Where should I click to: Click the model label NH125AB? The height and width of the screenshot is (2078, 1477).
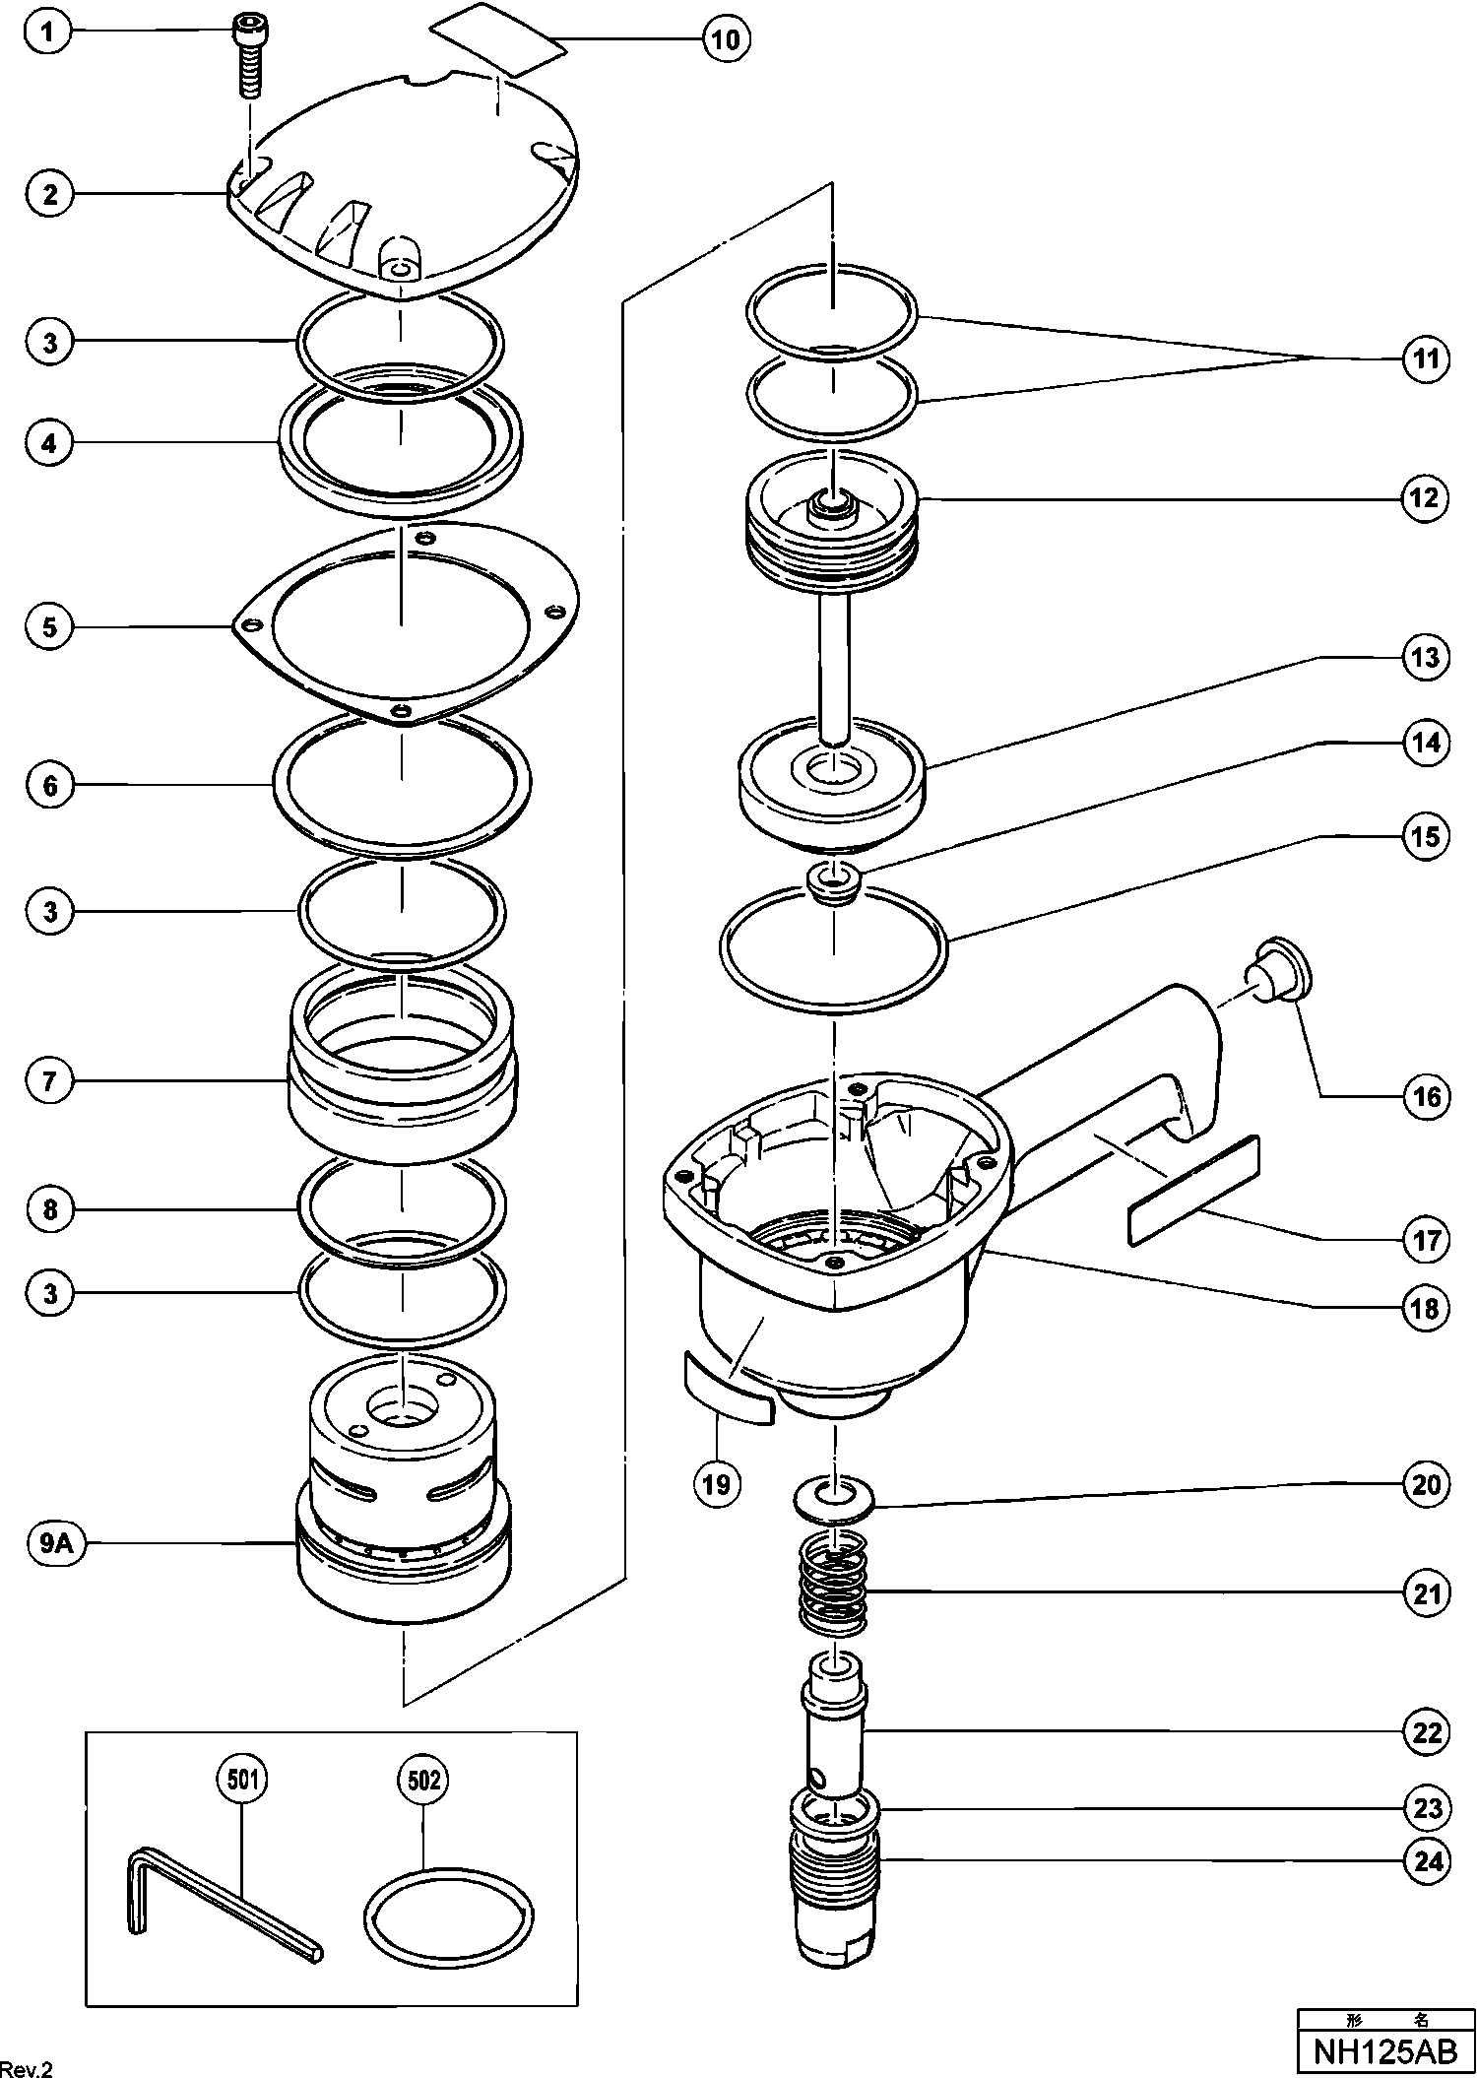pyautogui.click(x=1385, y=2051)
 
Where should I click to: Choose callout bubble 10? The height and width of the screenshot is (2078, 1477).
pyautogui.click(x=726, y=39)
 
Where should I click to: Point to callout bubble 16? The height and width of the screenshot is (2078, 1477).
pyautogui.click(x=1427, y=1096)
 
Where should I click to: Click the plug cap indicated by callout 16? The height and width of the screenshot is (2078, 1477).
pyautogui.click(x=1277, y=970)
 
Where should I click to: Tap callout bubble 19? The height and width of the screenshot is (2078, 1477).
pyautogui.click(x=716, y=1483)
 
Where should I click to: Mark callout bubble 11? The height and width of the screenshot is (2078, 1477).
pyautogui.click(x=1427, y=359)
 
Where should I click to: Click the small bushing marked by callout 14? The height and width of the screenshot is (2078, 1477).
pyautogui.click(x=834, y=880)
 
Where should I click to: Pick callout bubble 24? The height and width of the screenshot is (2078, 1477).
pyautogui.click(x=1427, y=1861)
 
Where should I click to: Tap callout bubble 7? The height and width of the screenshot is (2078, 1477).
pyautogui.click(x=50, y=1081)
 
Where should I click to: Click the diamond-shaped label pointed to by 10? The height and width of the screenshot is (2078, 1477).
pyautogui.click(x=498, y=38)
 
